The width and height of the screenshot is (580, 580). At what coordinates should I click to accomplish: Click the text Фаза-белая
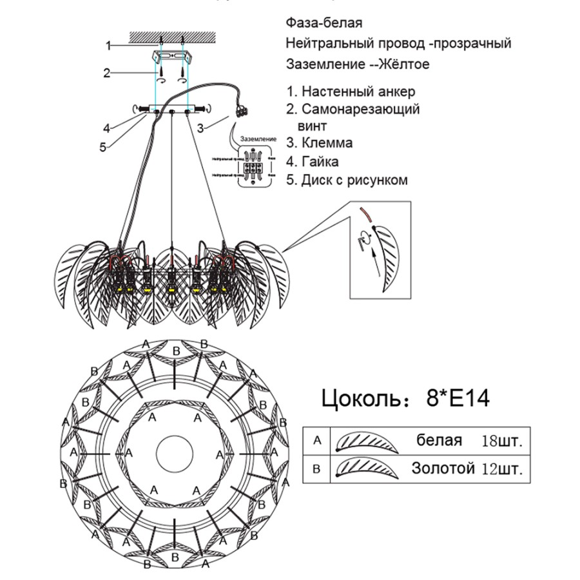tap(324, 23)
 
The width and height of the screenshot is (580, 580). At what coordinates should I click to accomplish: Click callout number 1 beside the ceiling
tap(110, 45)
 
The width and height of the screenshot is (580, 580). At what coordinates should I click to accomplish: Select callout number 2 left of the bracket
tap(107, 73)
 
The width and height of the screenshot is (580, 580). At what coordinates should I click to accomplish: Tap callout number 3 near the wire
tap(200, 128)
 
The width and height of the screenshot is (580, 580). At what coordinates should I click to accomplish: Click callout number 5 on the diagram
tap(102, 147)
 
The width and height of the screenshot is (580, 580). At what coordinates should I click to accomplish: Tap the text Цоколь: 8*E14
tap(405, 398)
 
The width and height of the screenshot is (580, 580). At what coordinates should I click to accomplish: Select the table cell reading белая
tap(439, 441)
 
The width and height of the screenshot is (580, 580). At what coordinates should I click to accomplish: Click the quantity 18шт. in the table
tap(501, 441)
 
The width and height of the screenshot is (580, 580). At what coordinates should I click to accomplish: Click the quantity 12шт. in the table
tap(501, 469)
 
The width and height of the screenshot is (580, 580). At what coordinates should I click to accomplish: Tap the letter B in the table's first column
tap(316, 469)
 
